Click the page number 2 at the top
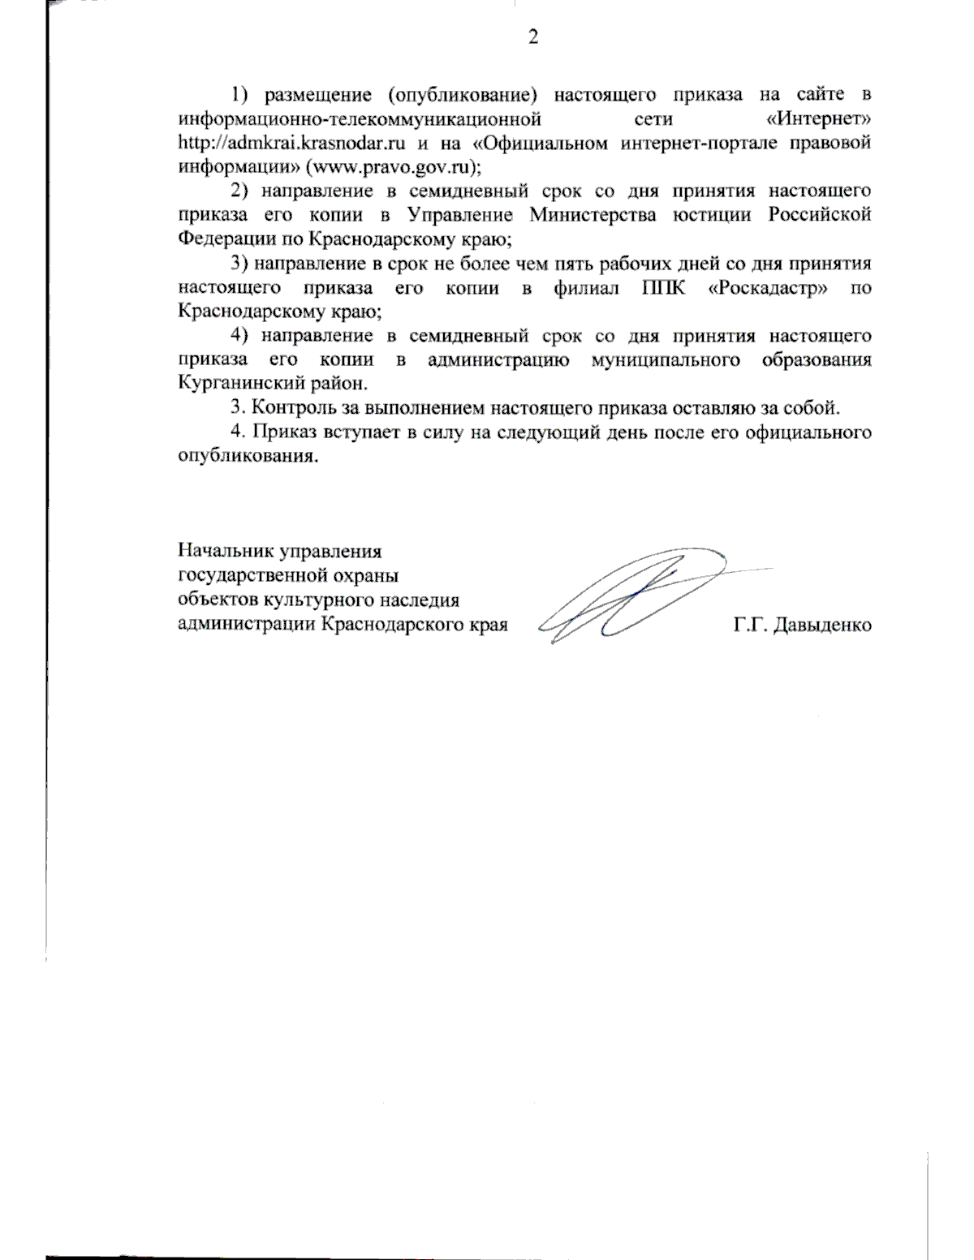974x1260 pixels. tap(532, 37)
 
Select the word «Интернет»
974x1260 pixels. tap(818, 119)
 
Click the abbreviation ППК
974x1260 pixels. tap(663, 288)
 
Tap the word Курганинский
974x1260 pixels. tap(238, 383)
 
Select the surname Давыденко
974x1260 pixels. tap(823, 626)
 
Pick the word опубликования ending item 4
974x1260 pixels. tap(247, 456)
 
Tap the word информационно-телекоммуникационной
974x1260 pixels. tap(360, 119)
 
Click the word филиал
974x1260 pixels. tap(585, 288)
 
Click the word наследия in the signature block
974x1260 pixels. tap(420, 601)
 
